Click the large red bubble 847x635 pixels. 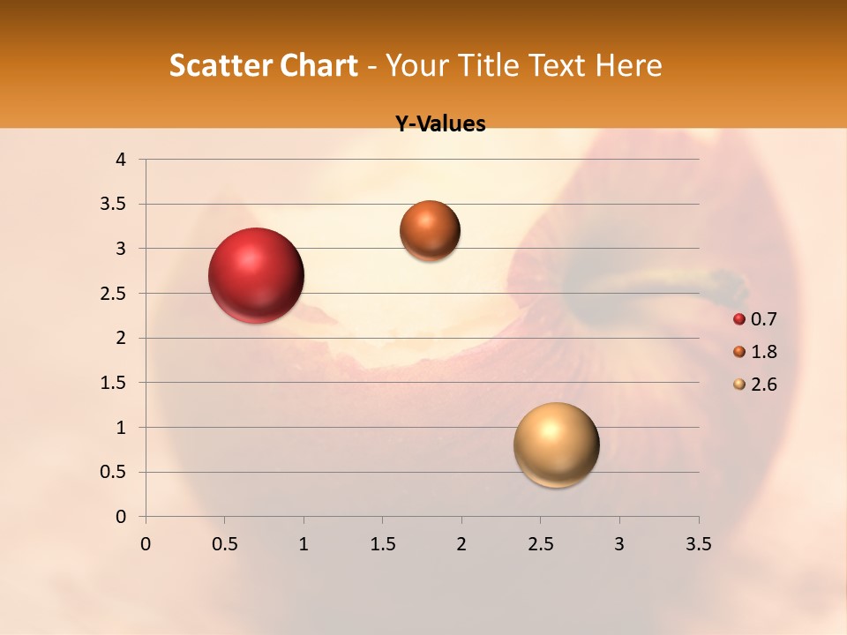click(x=256, y=275)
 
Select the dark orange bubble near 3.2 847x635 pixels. click(x=430, y=230)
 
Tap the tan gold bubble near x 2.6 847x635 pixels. click(x=556, y=444)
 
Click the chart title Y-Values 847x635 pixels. click(x=439, y=124)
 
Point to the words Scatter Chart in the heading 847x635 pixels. click(x=263, y=65)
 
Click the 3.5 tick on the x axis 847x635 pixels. click(x=698, y=544)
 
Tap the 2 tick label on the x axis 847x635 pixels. click(x=461, y=544)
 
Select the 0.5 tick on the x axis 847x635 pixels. click(x=224, y=544)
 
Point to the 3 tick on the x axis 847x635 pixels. click(x=619, y=544)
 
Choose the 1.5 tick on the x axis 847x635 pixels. click(x=382, y=544)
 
